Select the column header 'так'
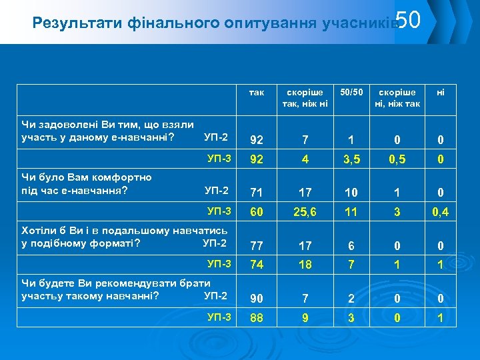click(x=257, y=93)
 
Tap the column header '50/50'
click(x=350, y=92)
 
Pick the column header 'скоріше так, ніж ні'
click(x=305, y=97)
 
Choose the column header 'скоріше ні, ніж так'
click(x=397, y=97)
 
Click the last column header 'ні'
click(x=441, y=93)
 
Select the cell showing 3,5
click(x=350, y=161)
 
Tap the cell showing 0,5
click(x=397, y=161)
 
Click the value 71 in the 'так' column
click(x=257, y=193)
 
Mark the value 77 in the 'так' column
click(x=257, y=245)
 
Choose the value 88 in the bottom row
click(x=257, y=319)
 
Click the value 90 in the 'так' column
click(x=257, y=297)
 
